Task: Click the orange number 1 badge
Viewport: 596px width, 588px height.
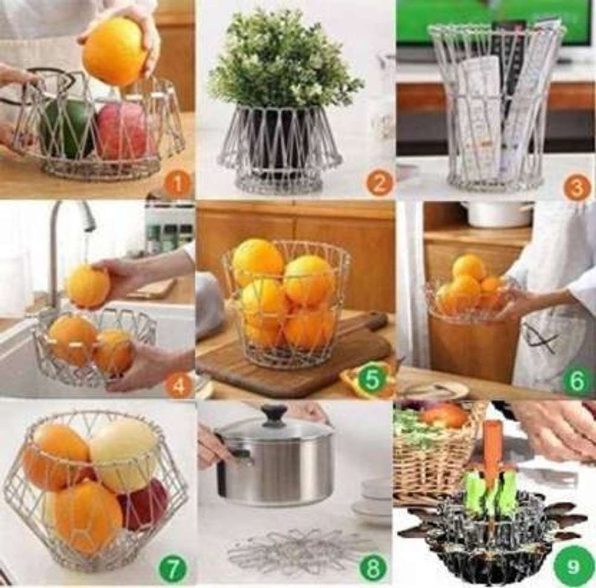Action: (177, 185)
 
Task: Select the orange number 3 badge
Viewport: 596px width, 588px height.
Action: (577, 186)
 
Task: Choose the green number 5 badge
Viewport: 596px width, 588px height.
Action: (372, 379)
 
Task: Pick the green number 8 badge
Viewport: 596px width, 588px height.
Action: (372, 567)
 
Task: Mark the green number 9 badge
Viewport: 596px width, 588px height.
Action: (573, 567)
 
